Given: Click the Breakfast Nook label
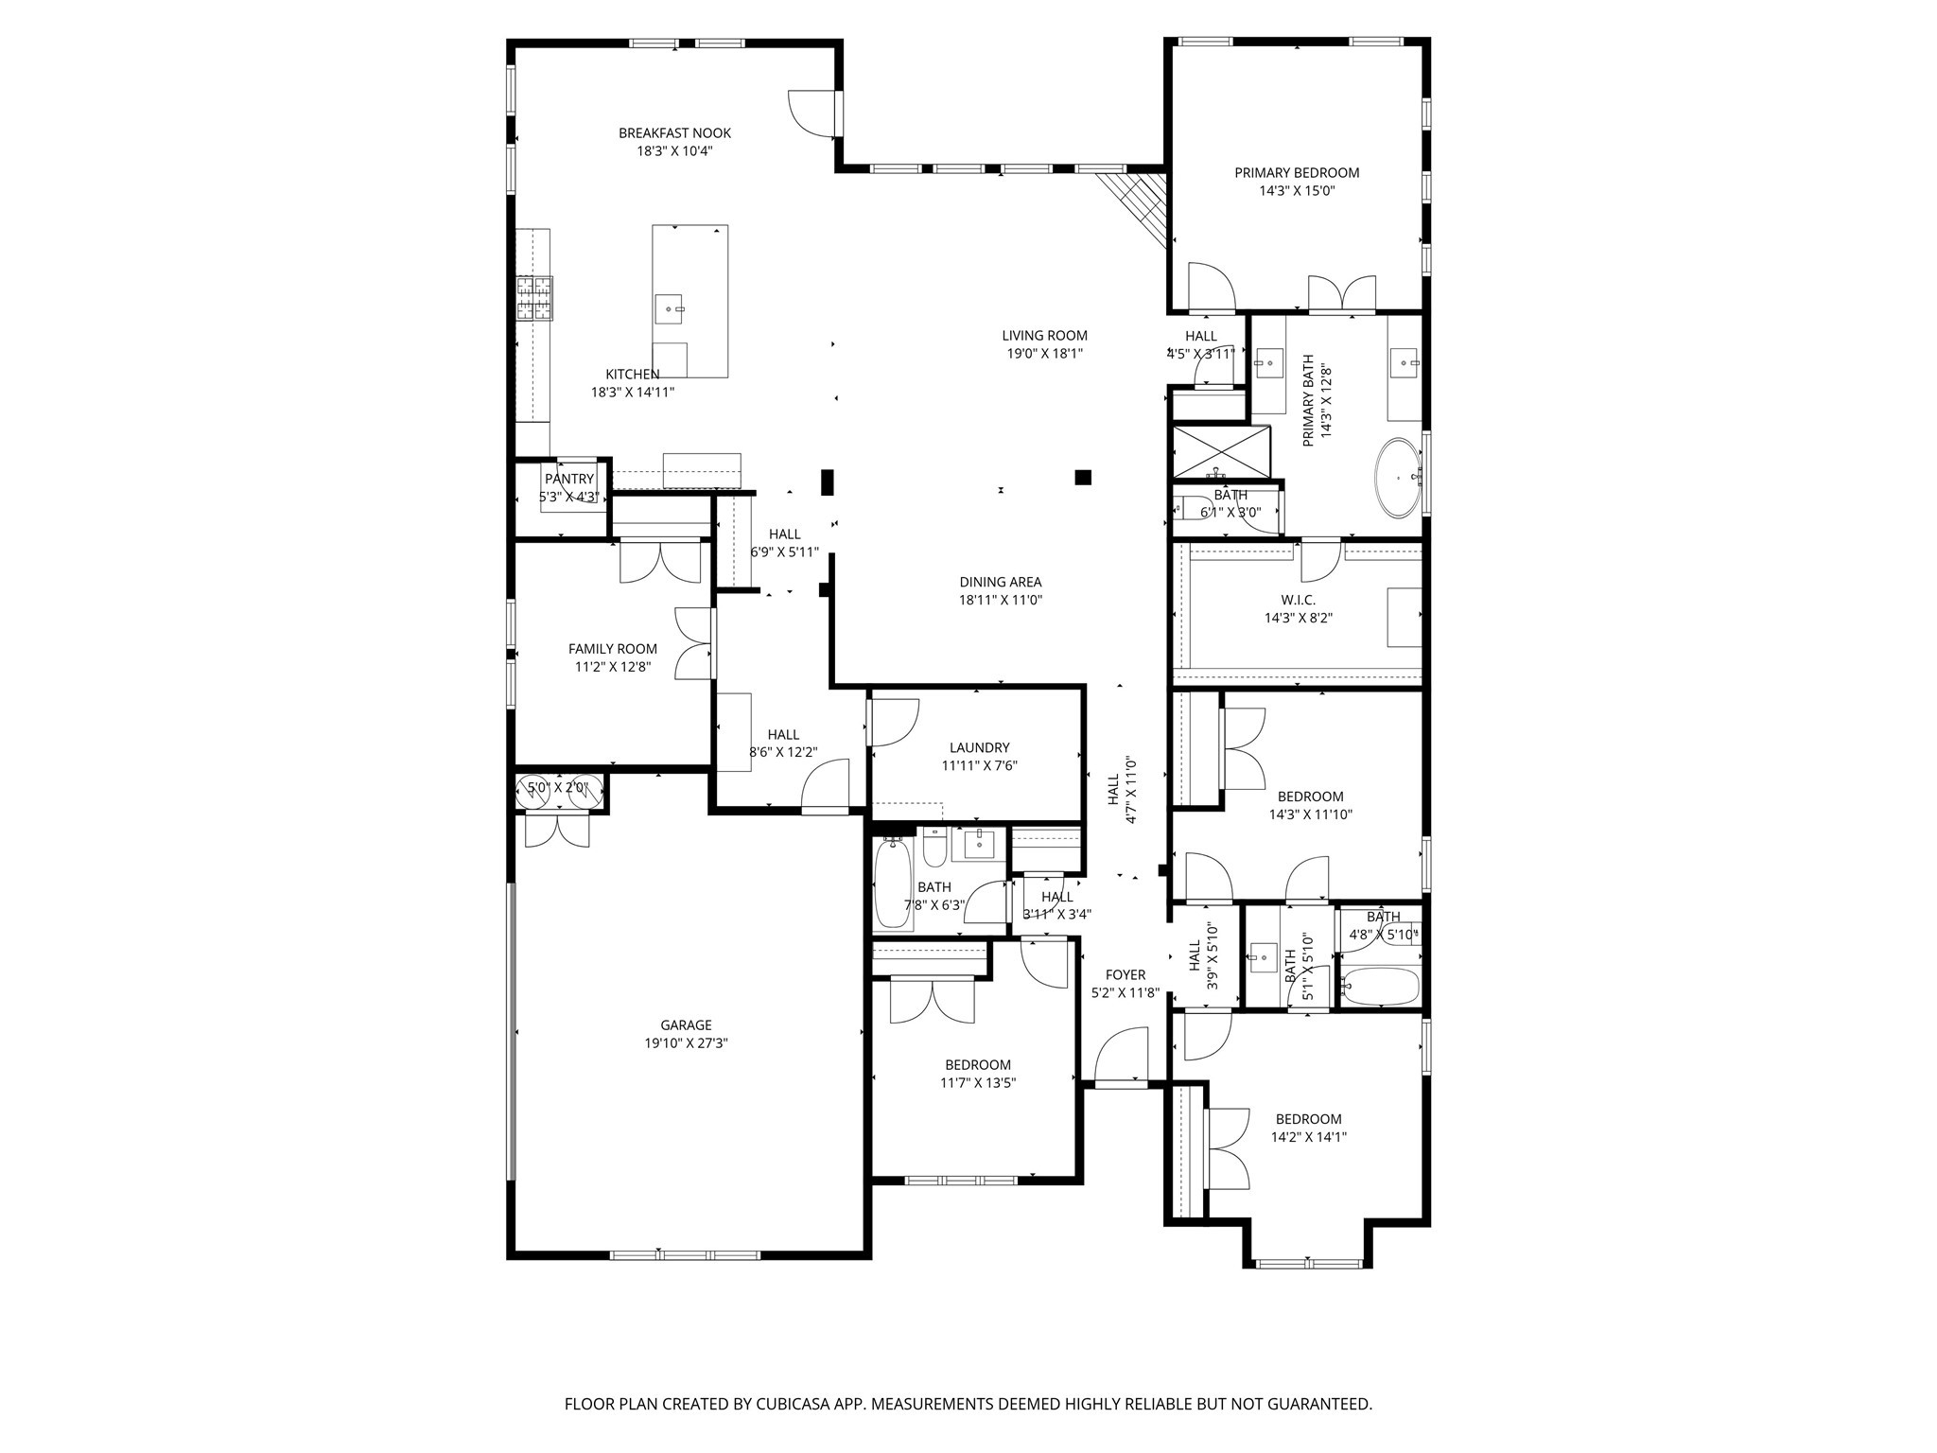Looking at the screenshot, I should [x=674, y=133].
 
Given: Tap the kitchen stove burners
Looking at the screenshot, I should [x=533, y=297].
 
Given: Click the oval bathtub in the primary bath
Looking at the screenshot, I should [x=1398, y=478].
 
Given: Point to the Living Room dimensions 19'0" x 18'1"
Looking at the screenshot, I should [x=1044, y=354].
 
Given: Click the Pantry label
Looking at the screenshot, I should [x=568, y=480].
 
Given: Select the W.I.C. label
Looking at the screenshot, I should [x=1298, y=600].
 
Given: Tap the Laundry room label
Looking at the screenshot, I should [x=979, y=747].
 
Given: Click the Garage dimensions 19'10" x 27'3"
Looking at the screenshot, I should [x=686, y=1043].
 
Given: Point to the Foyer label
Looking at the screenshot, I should [x=1125, y=974].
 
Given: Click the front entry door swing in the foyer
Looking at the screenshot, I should [x=1124, y=1054].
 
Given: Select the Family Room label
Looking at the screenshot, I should [x=612, y=649].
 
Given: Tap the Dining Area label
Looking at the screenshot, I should [x=1000, y=583].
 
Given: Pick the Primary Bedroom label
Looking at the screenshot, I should [x=1297, y=172].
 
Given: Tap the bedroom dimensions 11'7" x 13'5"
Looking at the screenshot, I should [x=978, y=1083].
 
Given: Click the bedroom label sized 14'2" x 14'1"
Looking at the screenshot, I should [x=1308, y=1119].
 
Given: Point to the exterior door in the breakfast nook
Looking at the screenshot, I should [x=813, y=113].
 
